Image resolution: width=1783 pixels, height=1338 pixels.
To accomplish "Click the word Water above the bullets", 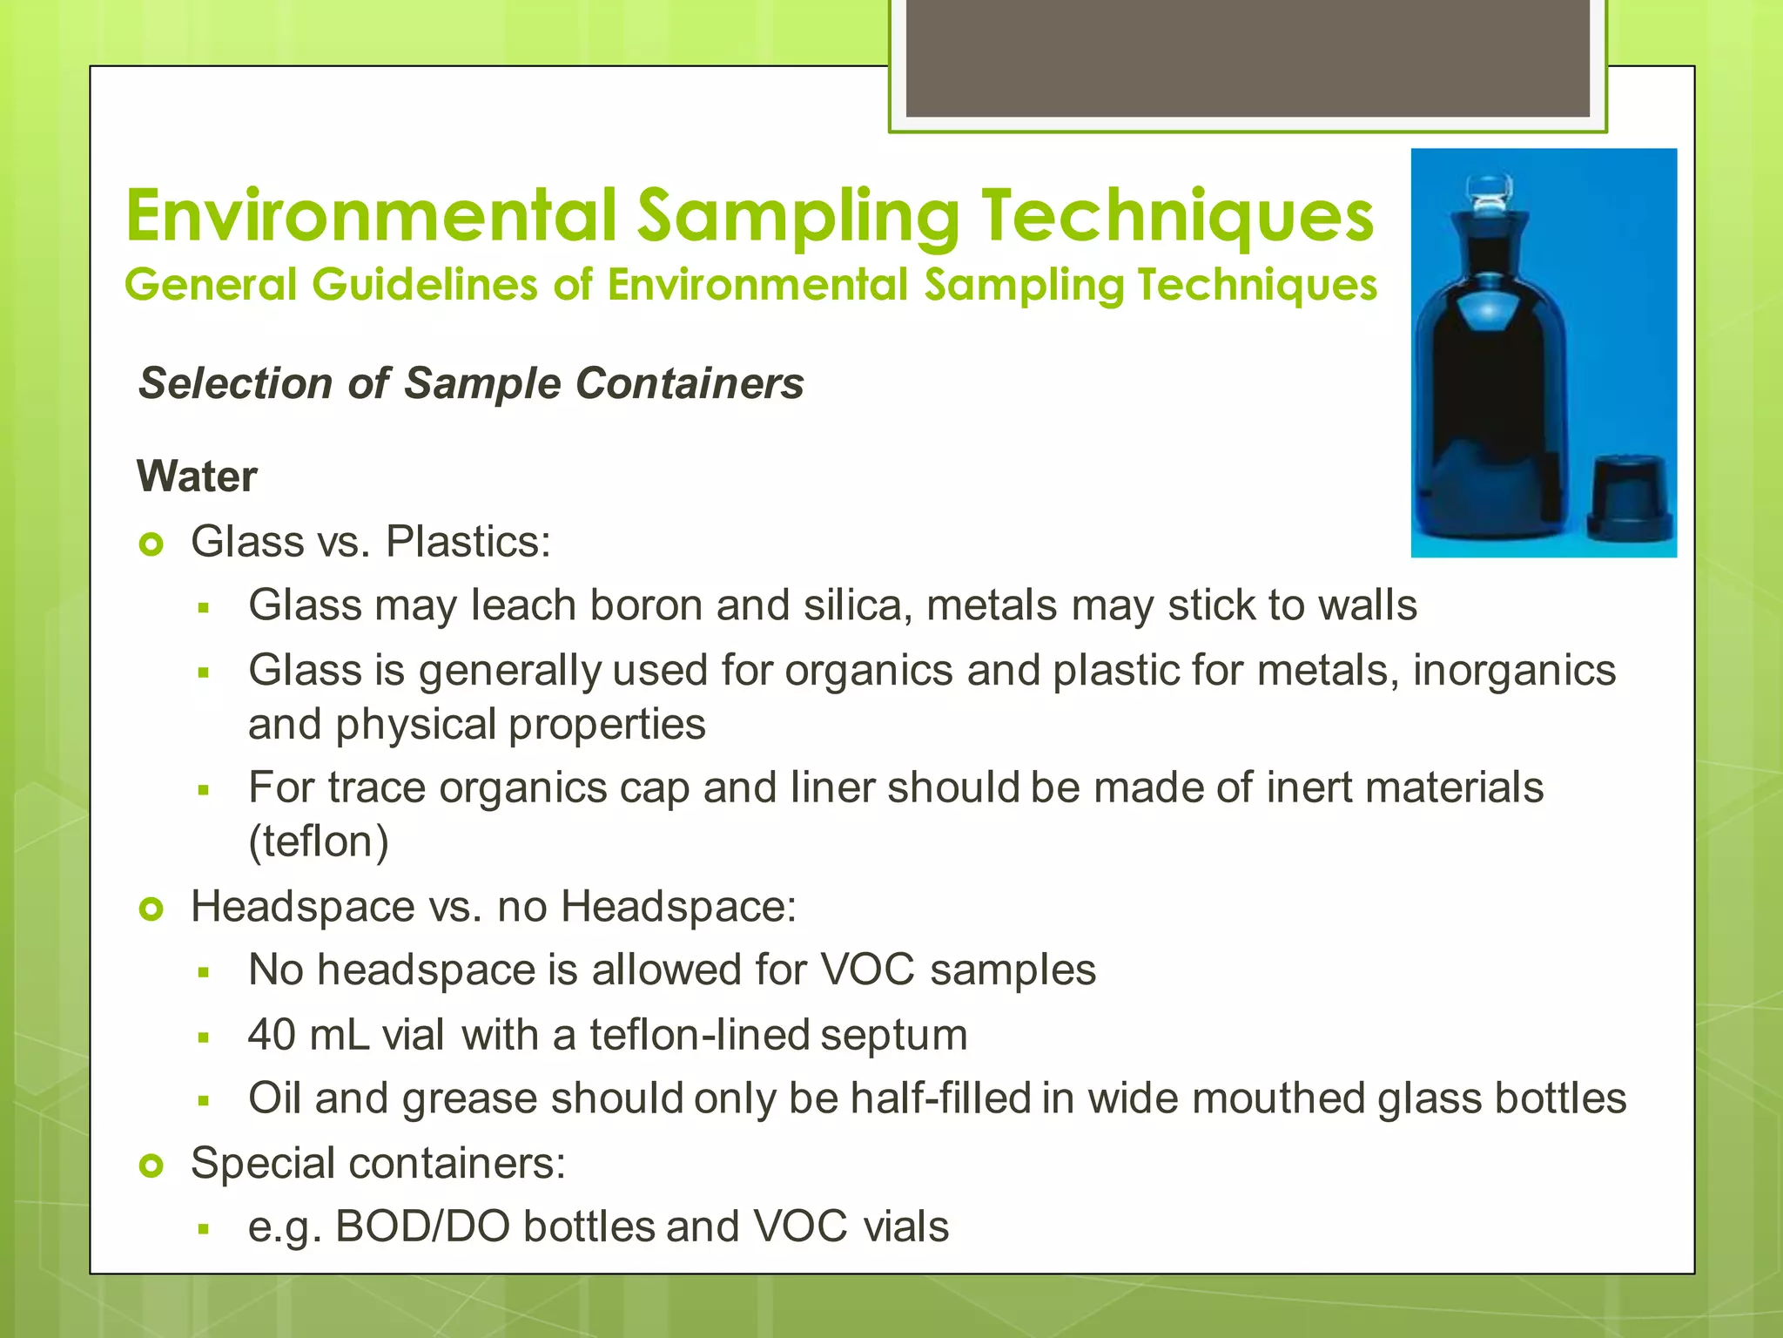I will point(197,476).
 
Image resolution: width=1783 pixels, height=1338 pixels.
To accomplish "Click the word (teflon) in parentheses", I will point(319,841).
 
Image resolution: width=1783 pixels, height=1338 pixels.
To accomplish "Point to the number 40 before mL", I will point(272,1035).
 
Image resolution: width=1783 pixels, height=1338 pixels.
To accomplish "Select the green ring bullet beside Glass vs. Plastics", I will point(151,545).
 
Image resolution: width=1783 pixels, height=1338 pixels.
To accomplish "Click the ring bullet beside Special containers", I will point(151,1166).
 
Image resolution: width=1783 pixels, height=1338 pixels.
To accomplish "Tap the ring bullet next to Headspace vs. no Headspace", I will point(151,910).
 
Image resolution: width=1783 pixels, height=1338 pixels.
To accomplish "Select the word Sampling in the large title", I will point(797,216).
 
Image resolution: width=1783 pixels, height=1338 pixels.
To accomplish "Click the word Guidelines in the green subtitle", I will point(426,285).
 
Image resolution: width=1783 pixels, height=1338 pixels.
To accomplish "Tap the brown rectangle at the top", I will point(1248,59).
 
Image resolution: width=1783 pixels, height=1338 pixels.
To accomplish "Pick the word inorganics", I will point(1514,671).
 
